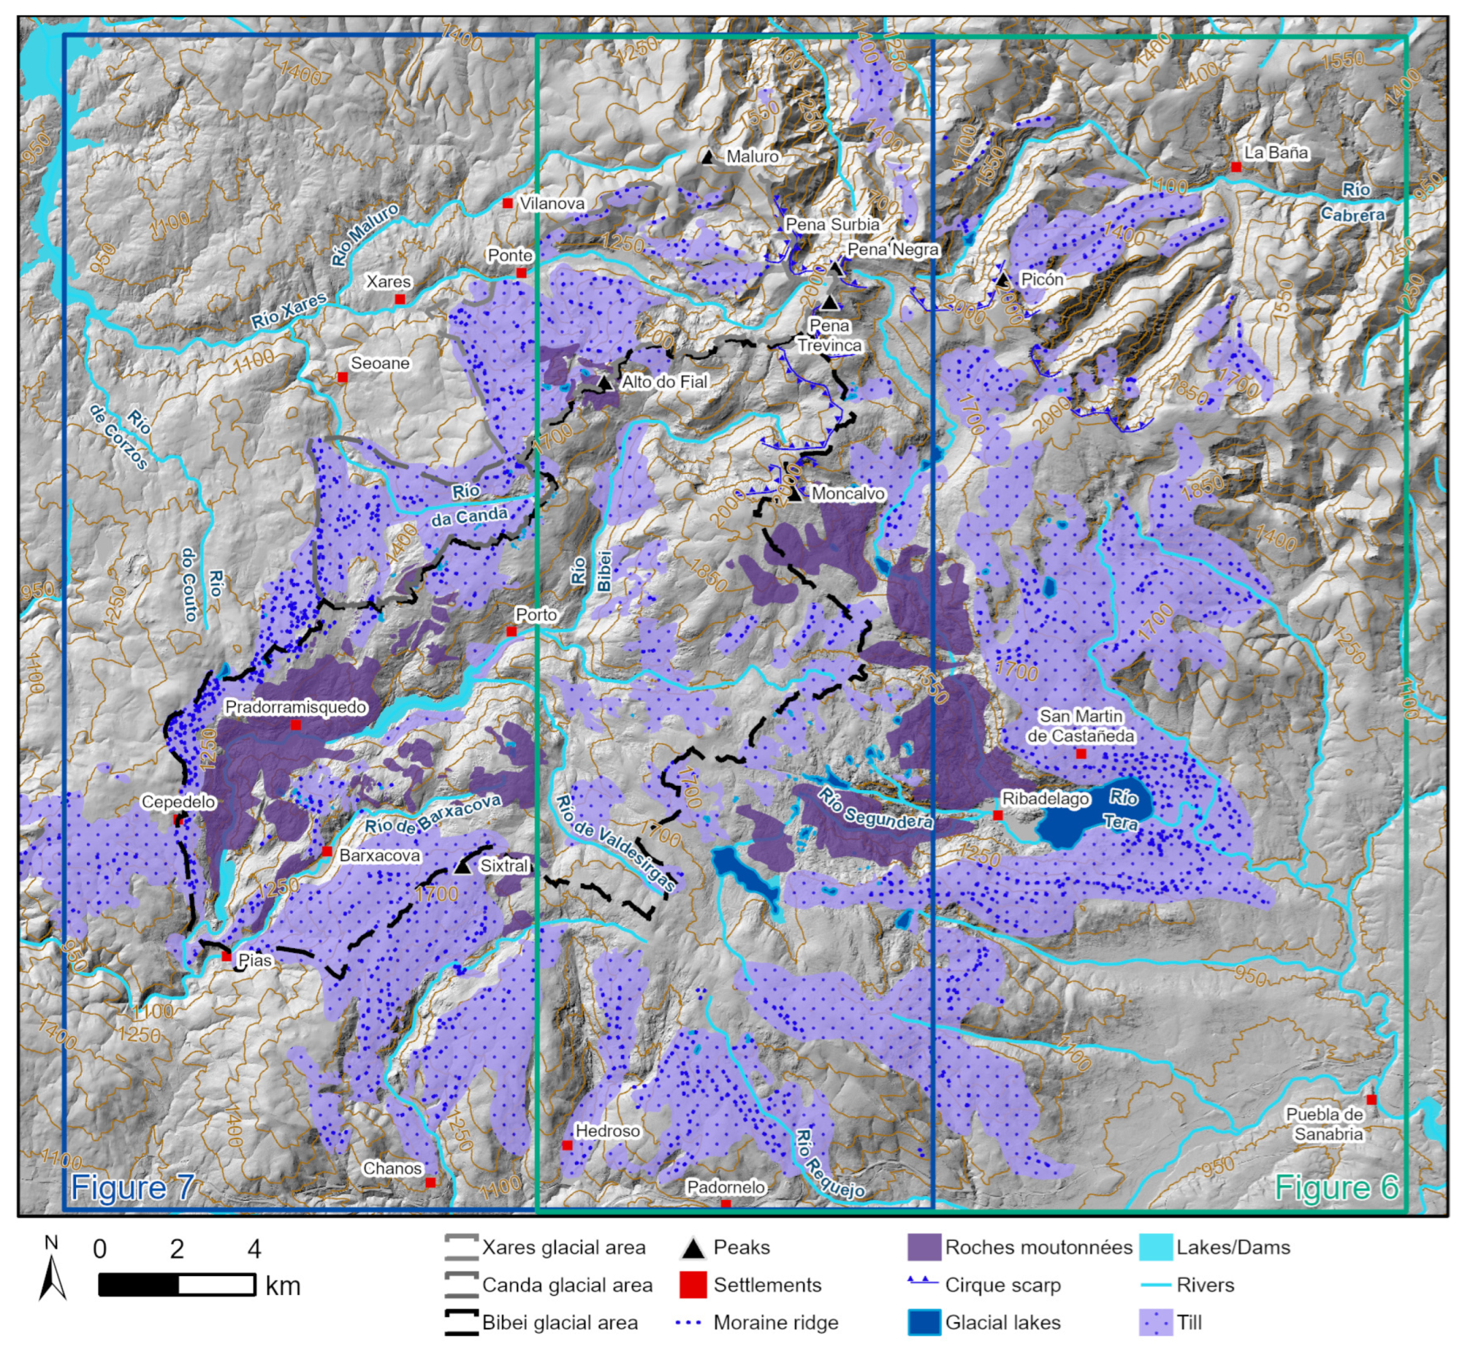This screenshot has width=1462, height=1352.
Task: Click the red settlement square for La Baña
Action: [1236, 167]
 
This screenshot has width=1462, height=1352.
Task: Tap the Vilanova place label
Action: [552, 203]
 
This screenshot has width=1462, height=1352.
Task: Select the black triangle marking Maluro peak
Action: [707, 157]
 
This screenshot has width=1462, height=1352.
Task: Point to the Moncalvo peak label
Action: [848, 494]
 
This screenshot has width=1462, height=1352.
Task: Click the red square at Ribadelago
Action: [997, 815]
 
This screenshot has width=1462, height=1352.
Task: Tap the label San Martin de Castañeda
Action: [1080, 725]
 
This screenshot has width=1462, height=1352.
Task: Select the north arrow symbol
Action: [52, 1277]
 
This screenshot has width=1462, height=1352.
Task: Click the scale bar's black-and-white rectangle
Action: [177, 1285]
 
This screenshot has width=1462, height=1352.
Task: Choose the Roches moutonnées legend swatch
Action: [924, 1248]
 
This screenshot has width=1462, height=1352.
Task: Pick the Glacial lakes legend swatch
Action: [924, 1323]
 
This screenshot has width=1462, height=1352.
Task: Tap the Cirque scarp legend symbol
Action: [924, 1284]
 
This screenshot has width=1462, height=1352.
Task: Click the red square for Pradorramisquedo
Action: [296, 724]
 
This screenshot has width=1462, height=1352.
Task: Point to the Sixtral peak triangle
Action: [462, 867]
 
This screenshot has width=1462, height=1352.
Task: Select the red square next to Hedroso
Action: [567, 1145]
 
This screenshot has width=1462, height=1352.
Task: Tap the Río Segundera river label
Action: [874, 808]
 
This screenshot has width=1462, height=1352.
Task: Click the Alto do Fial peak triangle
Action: [604, 382]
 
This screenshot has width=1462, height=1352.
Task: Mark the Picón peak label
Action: [1042, 279]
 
